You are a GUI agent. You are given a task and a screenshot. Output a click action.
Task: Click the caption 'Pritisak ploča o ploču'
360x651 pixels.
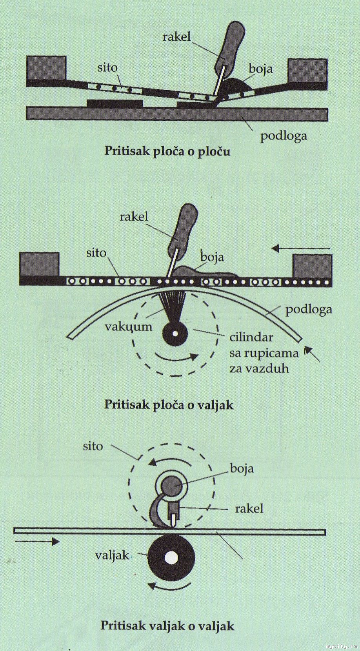[167, 151]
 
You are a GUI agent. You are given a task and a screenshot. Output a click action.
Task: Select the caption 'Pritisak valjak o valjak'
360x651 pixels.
[167, 625]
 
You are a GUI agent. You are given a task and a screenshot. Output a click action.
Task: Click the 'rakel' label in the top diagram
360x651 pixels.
[176, 36]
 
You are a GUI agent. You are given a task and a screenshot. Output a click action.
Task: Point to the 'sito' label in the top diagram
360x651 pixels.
[107, 68]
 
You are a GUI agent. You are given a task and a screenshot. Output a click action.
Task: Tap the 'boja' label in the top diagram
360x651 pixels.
[261, 69]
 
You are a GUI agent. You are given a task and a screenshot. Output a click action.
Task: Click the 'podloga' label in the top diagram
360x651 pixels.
[284, 136]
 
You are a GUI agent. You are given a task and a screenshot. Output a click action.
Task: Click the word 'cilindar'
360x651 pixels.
[251, 337]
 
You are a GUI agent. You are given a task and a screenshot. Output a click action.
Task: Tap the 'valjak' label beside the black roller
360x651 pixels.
[112, 555]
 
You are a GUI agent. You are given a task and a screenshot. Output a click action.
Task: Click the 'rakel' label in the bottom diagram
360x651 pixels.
[249, 509]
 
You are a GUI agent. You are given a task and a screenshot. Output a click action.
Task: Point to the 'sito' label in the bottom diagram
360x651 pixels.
[93, 446]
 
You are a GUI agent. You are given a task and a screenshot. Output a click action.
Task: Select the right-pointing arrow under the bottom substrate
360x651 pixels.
[37, 542]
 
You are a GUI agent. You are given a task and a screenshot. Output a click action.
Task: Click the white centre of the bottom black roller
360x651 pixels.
[171, 558]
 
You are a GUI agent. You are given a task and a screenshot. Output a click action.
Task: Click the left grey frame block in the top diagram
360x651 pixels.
[46, 68]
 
